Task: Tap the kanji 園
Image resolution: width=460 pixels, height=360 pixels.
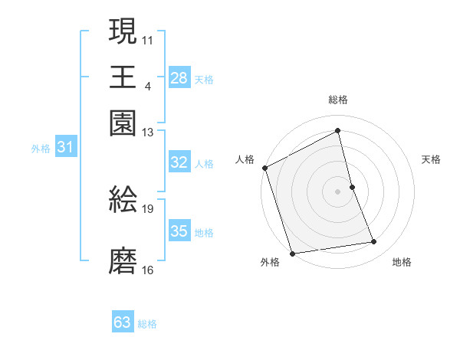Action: (123, 123)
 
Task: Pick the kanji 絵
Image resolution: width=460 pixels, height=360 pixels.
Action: (123, 199)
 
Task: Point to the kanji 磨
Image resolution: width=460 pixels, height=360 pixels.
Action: (123, 261)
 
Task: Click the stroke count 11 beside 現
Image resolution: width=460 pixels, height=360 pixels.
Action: (148, 39)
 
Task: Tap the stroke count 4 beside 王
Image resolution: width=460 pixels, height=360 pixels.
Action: (147, 85)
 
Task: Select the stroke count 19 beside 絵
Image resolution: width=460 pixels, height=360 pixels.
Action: (148, 208)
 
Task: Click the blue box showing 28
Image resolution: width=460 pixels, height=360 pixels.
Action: (179, 78)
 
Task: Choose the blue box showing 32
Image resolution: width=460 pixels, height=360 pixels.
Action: (179, 162)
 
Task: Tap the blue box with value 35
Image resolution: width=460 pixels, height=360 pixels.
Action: (179, 231)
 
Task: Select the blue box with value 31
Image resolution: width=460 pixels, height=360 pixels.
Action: (64, 147)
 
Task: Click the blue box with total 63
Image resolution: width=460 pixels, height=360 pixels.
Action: (122, 322)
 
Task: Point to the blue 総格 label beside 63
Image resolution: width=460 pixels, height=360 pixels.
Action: (147, 324)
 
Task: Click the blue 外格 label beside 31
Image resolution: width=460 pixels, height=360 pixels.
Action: (40, 149)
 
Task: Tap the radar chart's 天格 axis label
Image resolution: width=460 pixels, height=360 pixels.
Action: (431, 159)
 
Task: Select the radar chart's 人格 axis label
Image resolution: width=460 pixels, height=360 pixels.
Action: (245, 159)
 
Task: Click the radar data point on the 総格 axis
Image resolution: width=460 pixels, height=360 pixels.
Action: (337, 130)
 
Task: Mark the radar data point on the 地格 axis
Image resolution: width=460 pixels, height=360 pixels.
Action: (374, 242)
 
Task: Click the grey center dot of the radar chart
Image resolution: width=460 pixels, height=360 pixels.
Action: (337, 191)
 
